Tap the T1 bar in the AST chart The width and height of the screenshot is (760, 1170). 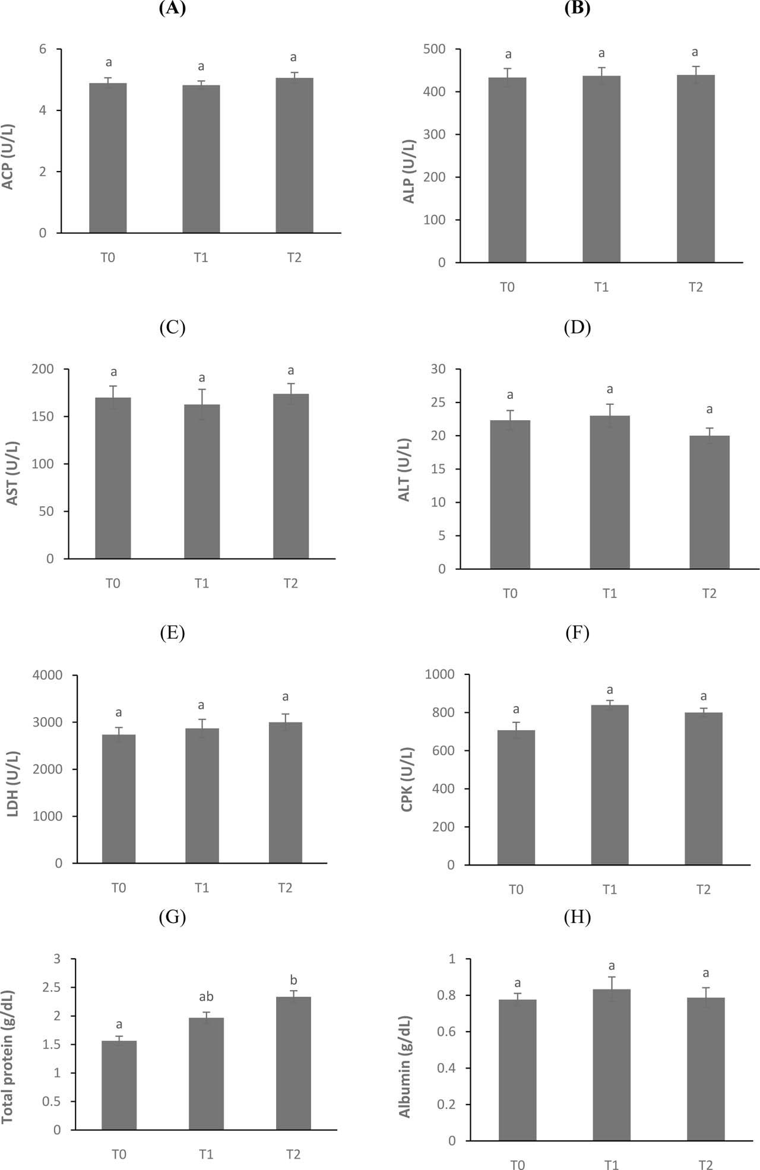[x=202, y=481]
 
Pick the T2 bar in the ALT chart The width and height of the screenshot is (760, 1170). [x=709, y=502]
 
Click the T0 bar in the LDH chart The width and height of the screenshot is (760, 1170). [x=119, y=798]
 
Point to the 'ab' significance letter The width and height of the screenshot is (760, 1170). [x=206, y=997]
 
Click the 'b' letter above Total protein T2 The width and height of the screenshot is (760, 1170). [x=293, y=979]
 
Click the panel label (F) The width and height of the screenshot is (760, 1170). [x=577, y=633]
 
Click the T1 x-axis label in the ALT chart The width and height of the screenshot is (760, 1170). [x=610, y=593]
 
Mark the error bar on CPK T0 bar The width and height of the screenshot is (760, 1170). [x=516, y=730]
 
